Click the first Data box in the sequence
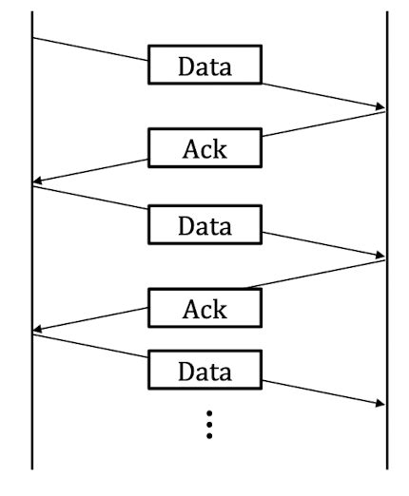pyautogui.click(x=205, y=67)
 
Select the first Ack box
pyautogui.click(x=205, y=147)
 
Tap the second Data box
pyautogui.click(x=205, y=226)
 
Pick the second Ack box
pyautogui.click(x=205, y=308)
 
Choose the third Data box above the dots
pyautogui.click(x=205, y=370)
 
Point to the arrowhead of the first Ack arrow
pyautogui.click(x=37, y=183)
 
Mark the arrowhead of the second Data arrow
pyautogui.click(x=382, y=256)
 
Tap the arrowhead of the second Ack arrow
pyautogui.click(x=37, y=331)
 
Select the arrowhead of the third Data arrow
pyautogui.click(x=382, y=404)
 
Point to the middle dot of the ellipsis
pyautogui.click(x=209, y=424)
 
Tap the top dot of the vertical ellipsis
pyautogui.click(x=209, y=412)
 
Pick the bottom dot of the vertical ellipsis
pyautogui.click(x=209, y=436)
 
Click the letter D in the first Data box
pyautogui.click(x=187, y=67)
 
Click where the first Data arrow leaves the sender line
pyautogui.click(x=33, y=39)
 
